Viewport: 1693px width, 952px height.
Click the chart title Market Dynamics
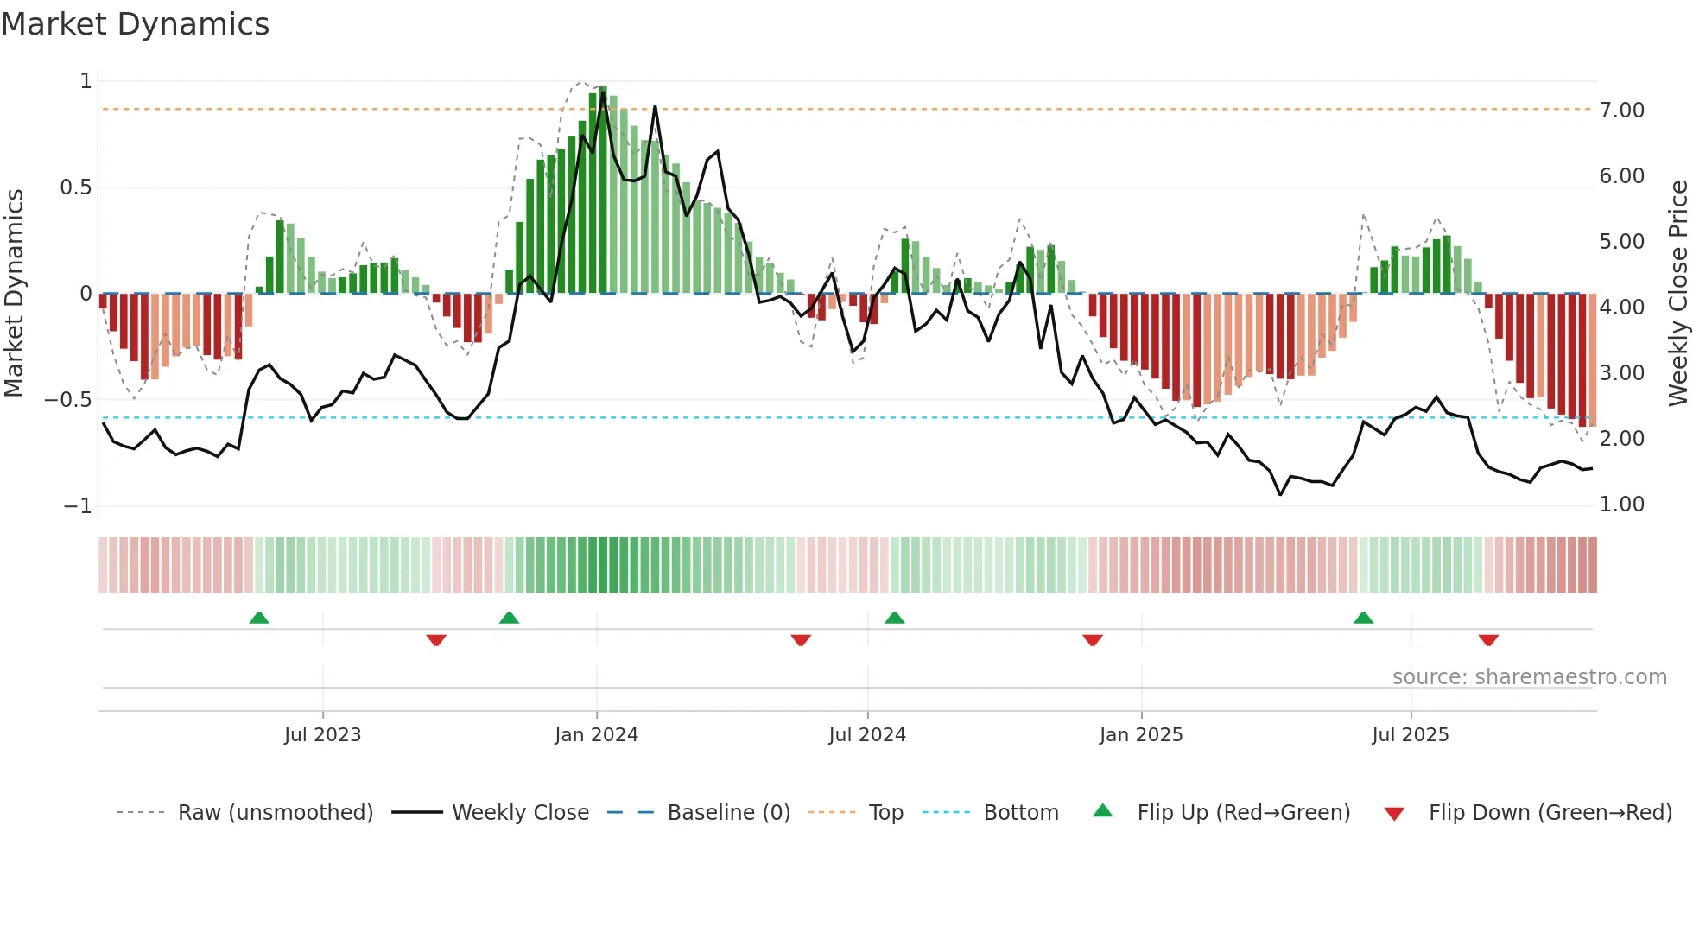[135, 24]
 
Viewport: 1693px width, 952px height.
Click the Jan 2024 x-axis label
[596, 735]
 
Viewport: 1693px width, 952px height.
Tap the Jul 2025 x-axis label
[1410, 735]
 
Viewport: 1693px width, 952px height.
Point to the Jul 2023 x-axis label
[322, 735]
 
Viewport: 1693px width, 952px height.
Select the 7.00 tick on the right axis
[1621, 111]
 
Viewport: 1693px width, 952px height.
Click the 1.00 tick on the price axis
[1621, 505]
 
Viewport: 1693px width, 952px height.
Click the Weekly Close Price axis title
[1677, 294]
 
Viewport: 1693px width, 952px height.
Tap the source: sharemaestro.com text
[1529, 677]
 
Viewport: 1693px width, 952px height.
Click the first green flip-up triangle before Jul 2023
[259, 618]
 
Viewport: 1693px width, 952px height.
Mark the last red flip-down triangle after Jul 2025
[1487, 640]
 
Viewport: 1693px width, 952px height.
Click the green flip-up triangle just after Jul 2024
[894, 618]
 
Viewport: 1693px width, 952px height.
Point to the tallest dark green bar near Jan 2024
[602, 190]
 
